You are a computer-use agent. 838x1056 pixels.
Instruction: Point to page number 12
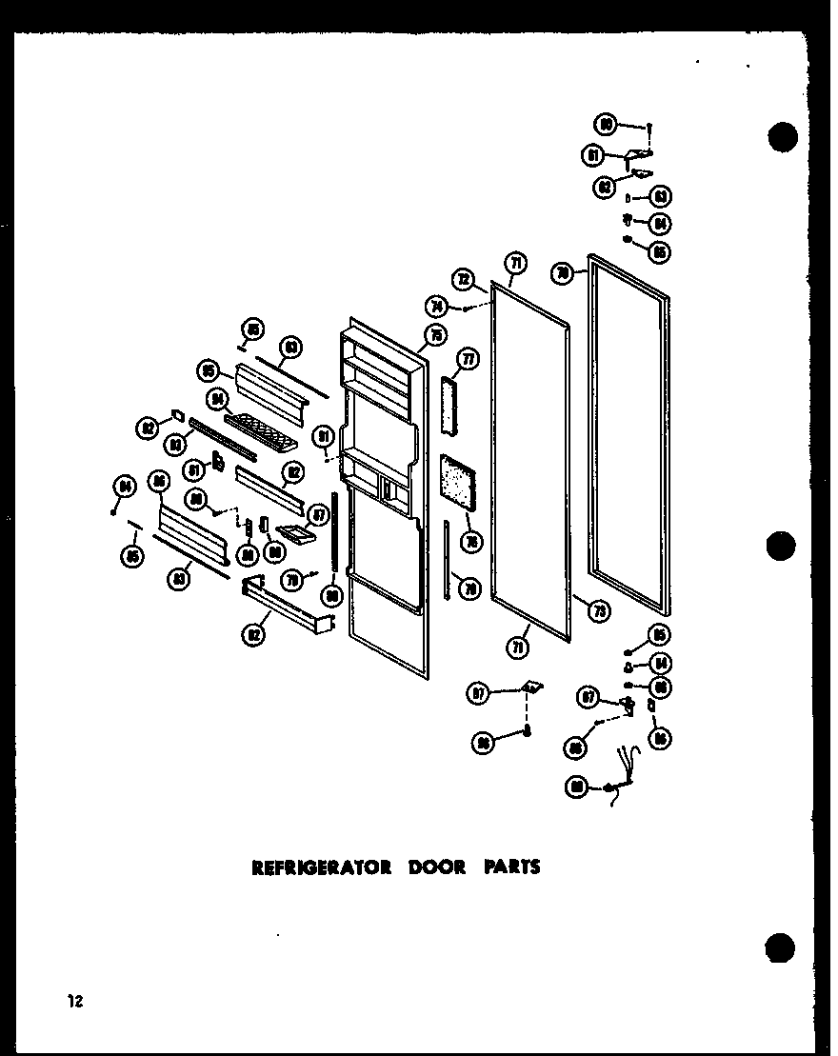[73, 1000]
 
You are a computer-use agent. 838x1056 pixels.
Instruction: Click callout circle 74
[439, 307]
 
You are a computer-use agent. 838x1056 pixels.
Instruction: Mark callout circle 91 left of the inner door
[326, 436]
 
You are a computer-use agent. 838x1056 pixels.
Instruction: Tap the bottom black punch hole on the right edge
[782, 947]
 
